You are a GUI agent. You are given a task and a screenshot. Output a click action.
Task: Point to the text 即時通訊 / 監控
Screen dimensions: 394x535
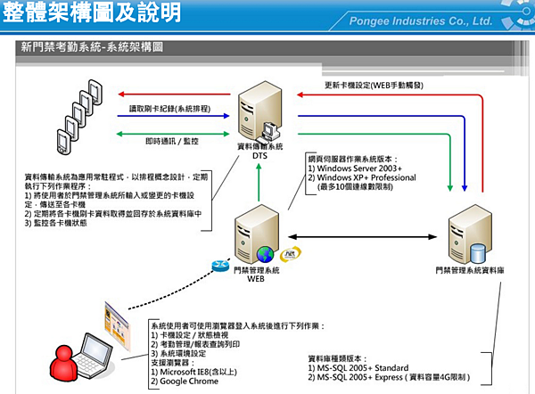pyautogui.click(x=172, y=141)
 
